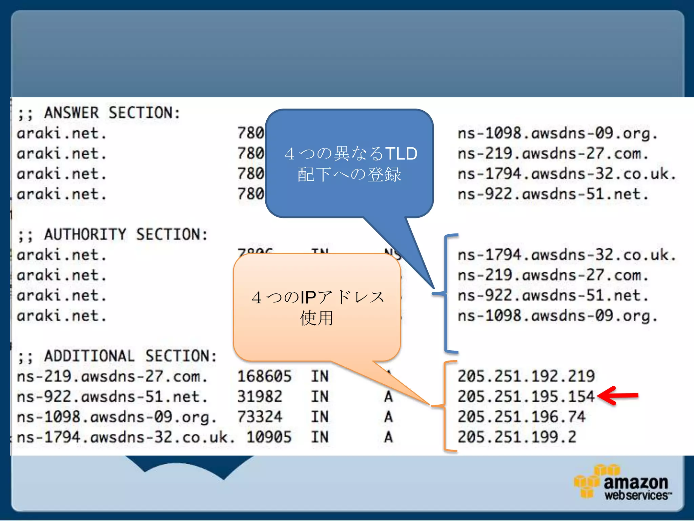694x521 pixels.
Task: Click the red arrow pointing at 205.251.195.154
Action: (x=617, y=395)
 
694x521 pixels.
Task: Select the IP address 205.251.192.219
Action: (x=526, y=376)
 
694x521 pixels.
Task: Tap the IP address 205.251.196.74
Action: (x=521, y=417)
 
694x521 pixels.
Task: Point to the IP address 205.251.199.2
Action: (x=517, y=437)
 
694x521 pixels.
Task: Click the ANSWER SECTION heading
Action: (x=99, y=113)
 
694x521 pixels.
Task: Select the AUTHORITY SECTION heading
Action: (x=113, y=235)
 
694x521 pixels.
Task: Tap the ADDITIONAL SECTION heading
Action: (x=117, y=356)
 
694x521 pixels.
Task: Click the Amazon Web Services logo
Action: (x=623, y=483)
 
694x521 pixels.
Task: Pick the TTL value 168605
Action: (x=264, y=376)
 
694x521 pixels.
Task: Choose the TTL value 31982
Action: (x=260, y=397)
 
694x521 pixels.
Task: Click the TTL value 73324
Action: (x=260, y=417)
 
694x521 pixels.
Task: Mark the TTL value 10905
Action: (x=269, y=437)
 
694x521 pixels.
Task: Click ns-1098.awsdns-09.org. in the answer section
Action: (x=557, y=133)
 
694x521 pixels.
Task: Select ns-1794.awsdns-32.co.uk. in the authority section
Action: (x=567, y=255)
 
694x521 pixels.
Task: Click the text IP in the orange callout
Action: (x=308, y=297)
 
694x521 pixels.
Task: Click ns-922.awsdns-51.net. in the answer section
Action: (x=553, y=194)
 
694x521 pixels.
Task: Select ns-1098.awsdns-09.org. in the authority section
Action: (x=557, y=316)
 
